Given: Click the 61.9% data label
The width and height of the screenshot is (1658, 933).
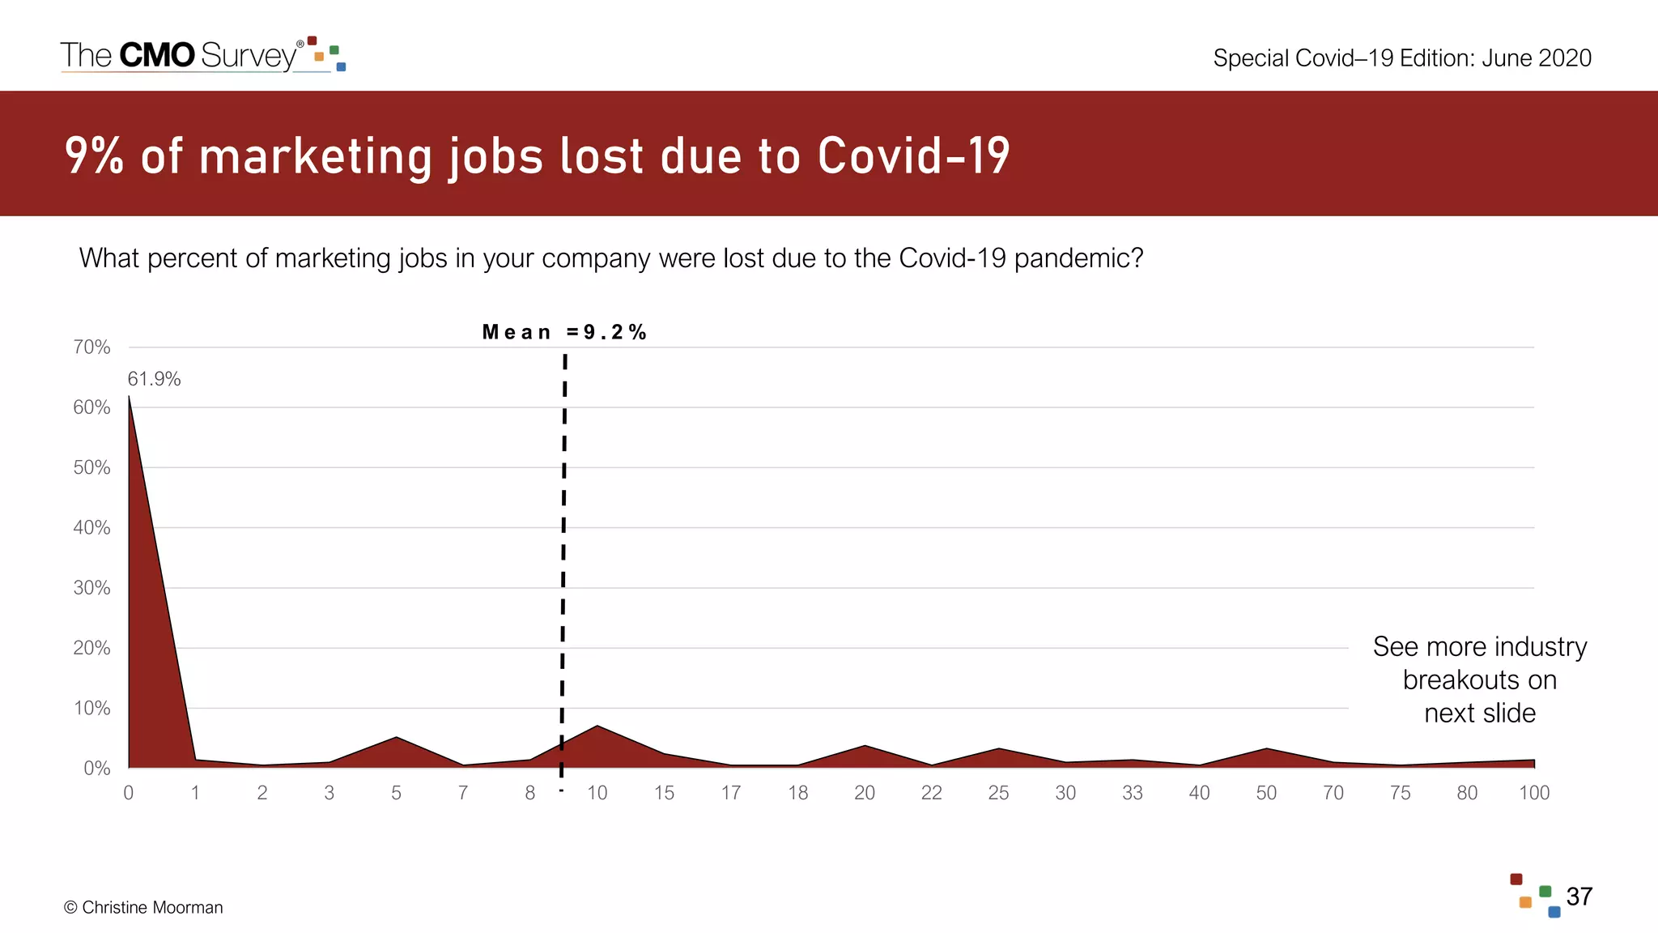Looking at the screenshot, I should [154, 379].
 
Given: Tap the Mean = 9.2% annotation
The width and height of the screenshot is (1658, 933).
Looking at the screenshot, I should [564, 332].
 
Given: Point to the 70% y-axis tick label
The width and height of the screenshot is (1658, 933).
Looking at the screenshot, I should [91, 347].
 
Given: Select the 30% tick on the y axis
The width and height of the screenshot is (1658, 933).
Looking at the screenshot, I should [91, 588].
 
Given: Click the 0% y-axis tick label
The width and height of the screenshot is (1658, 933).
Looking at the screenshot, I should [96, 768].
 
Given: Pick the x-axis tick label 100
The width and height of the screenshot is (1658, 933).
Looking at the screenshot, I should [1533, 793].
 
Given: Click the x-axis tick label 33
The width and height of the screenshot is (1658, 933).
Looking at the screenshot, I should [1132, 793].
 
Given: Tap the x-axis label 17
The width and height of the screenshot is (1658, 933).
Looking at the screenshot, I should [730, 793].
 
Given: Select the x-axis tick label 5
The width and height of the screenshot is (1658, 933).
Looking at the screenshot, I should [396, 793].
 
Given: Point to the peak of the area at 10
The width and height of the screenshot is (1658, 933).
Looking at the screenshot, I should [597, 726].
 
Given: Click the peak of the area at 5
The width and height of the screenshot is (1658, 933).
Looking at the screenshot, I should [396, 738].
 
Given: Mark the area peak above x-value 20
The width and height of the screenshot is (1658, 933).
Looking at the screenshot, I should [865, 746].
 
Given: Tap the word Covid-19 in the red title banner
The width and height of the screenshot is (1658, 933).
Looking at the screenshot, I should [913, 155].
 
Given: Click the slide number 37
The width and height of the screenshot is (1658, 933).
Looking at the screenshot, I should [1579, 897].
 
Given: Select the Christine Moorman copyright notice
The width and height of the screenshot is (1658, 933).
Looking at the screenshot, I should [143, 907].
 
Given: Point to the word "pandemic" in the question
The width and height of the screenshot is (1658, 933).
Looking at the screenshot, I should [1078, 258].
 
